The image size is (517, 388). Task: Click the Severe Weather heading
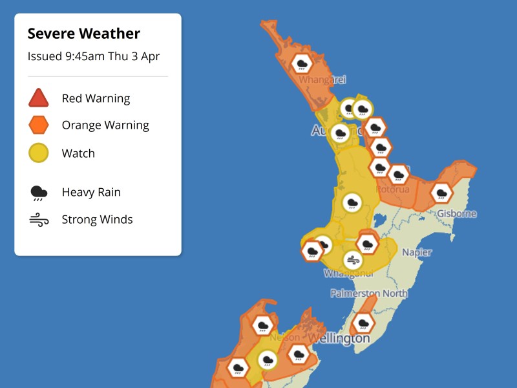[x=84, y=34]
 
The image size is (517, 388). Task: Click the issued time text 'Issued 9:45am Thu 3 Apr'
[x=94, y=56]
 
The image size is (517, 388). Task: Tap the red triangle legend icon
[x=39, y=98]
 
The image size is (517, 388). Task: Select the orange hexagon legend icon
[x=39, y=125]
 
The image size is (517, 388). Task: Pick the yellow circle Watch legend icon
[x=39, y=153]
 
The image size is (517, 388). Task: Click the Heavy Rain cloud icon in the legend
[x=39, y=192]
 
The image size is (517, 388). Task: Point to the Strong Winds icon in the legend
[x=39, y=220]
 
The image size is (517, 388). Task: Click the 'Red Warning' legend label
[x=96, y=98]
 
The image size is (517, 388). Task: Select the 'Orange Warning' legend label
[x=105, y=125]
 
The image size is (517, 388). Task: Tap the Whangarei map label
[x=322, y=80]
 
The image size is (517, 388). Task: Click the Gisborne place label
[x=456, y=213]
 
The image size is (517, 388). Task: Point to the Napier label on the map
[x=417, y=252]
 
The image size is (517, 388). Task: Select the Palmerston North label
[x=369, y=294]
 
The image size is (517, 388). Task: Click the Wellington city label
[x=339, y=338]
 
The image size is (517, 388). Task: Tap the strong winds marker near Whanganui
[x=352, y=260]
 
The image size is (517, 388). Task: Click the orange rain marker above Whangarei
[x=301, y=63]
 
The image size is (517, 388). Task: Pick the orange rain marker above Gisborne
[x=441, y=192]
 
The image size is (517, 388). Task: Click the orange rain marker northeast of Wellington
[x=363, y=322]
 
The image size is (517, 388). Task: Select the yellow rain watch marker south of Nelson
[x=267, y=360]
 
